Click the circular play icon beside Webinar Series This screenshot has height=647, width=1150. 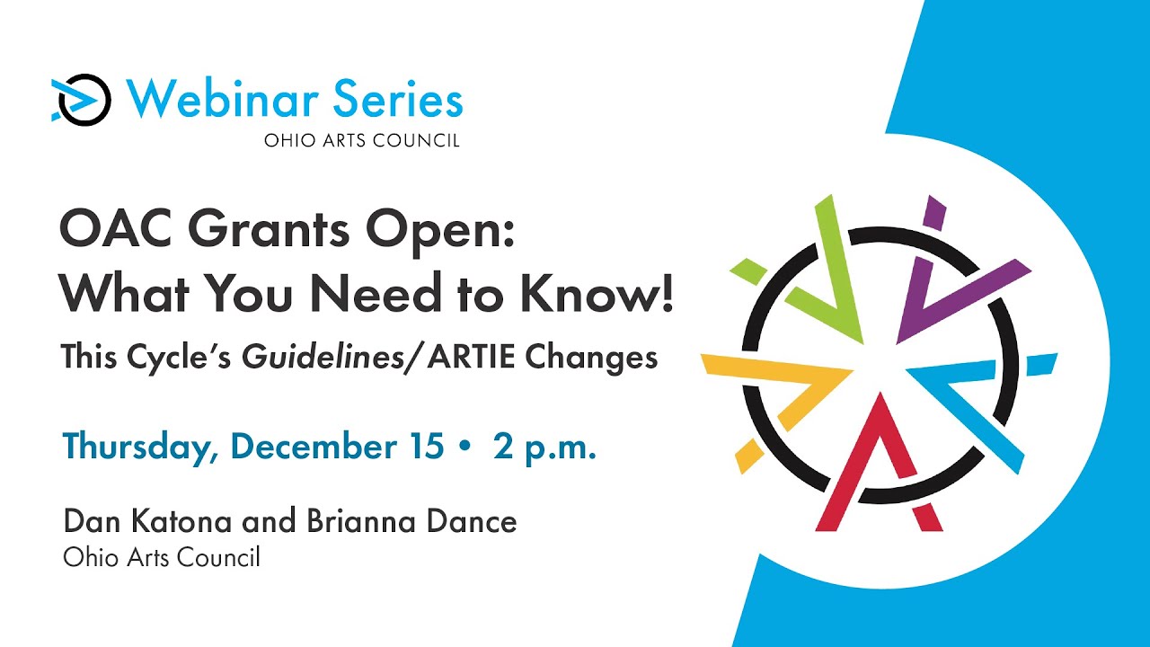(x=83, y=99)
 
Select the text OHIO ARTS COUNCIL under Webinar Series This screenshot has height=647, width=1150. (x=361, y=141)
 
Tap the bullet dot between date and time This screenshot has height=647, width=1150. (x=464, y=447)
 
